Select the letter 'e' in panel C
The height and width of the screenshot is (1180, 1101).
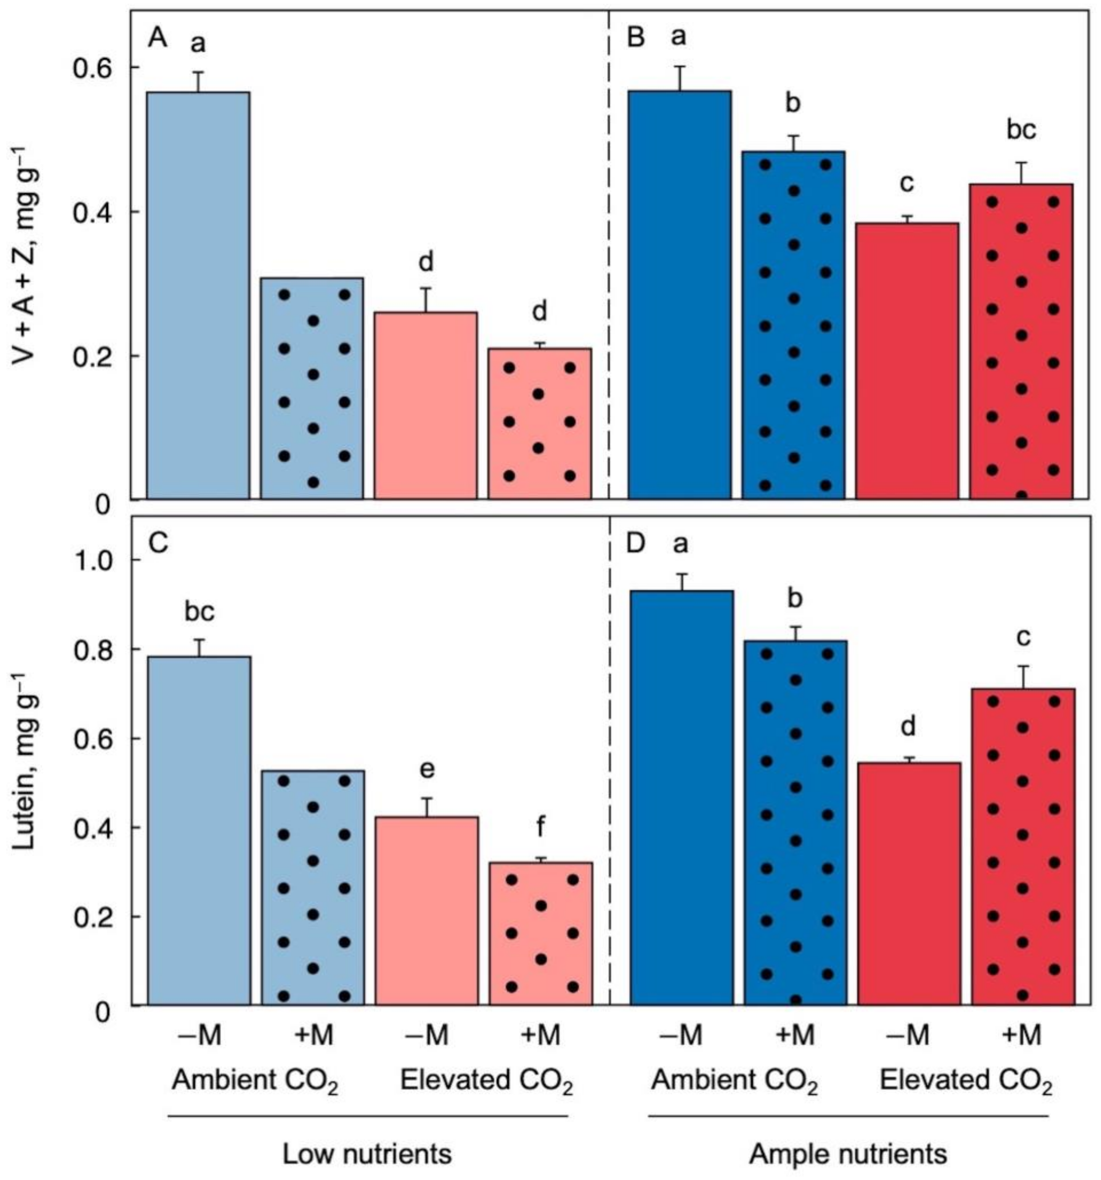pyautogui.click(x=426, y=769)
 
